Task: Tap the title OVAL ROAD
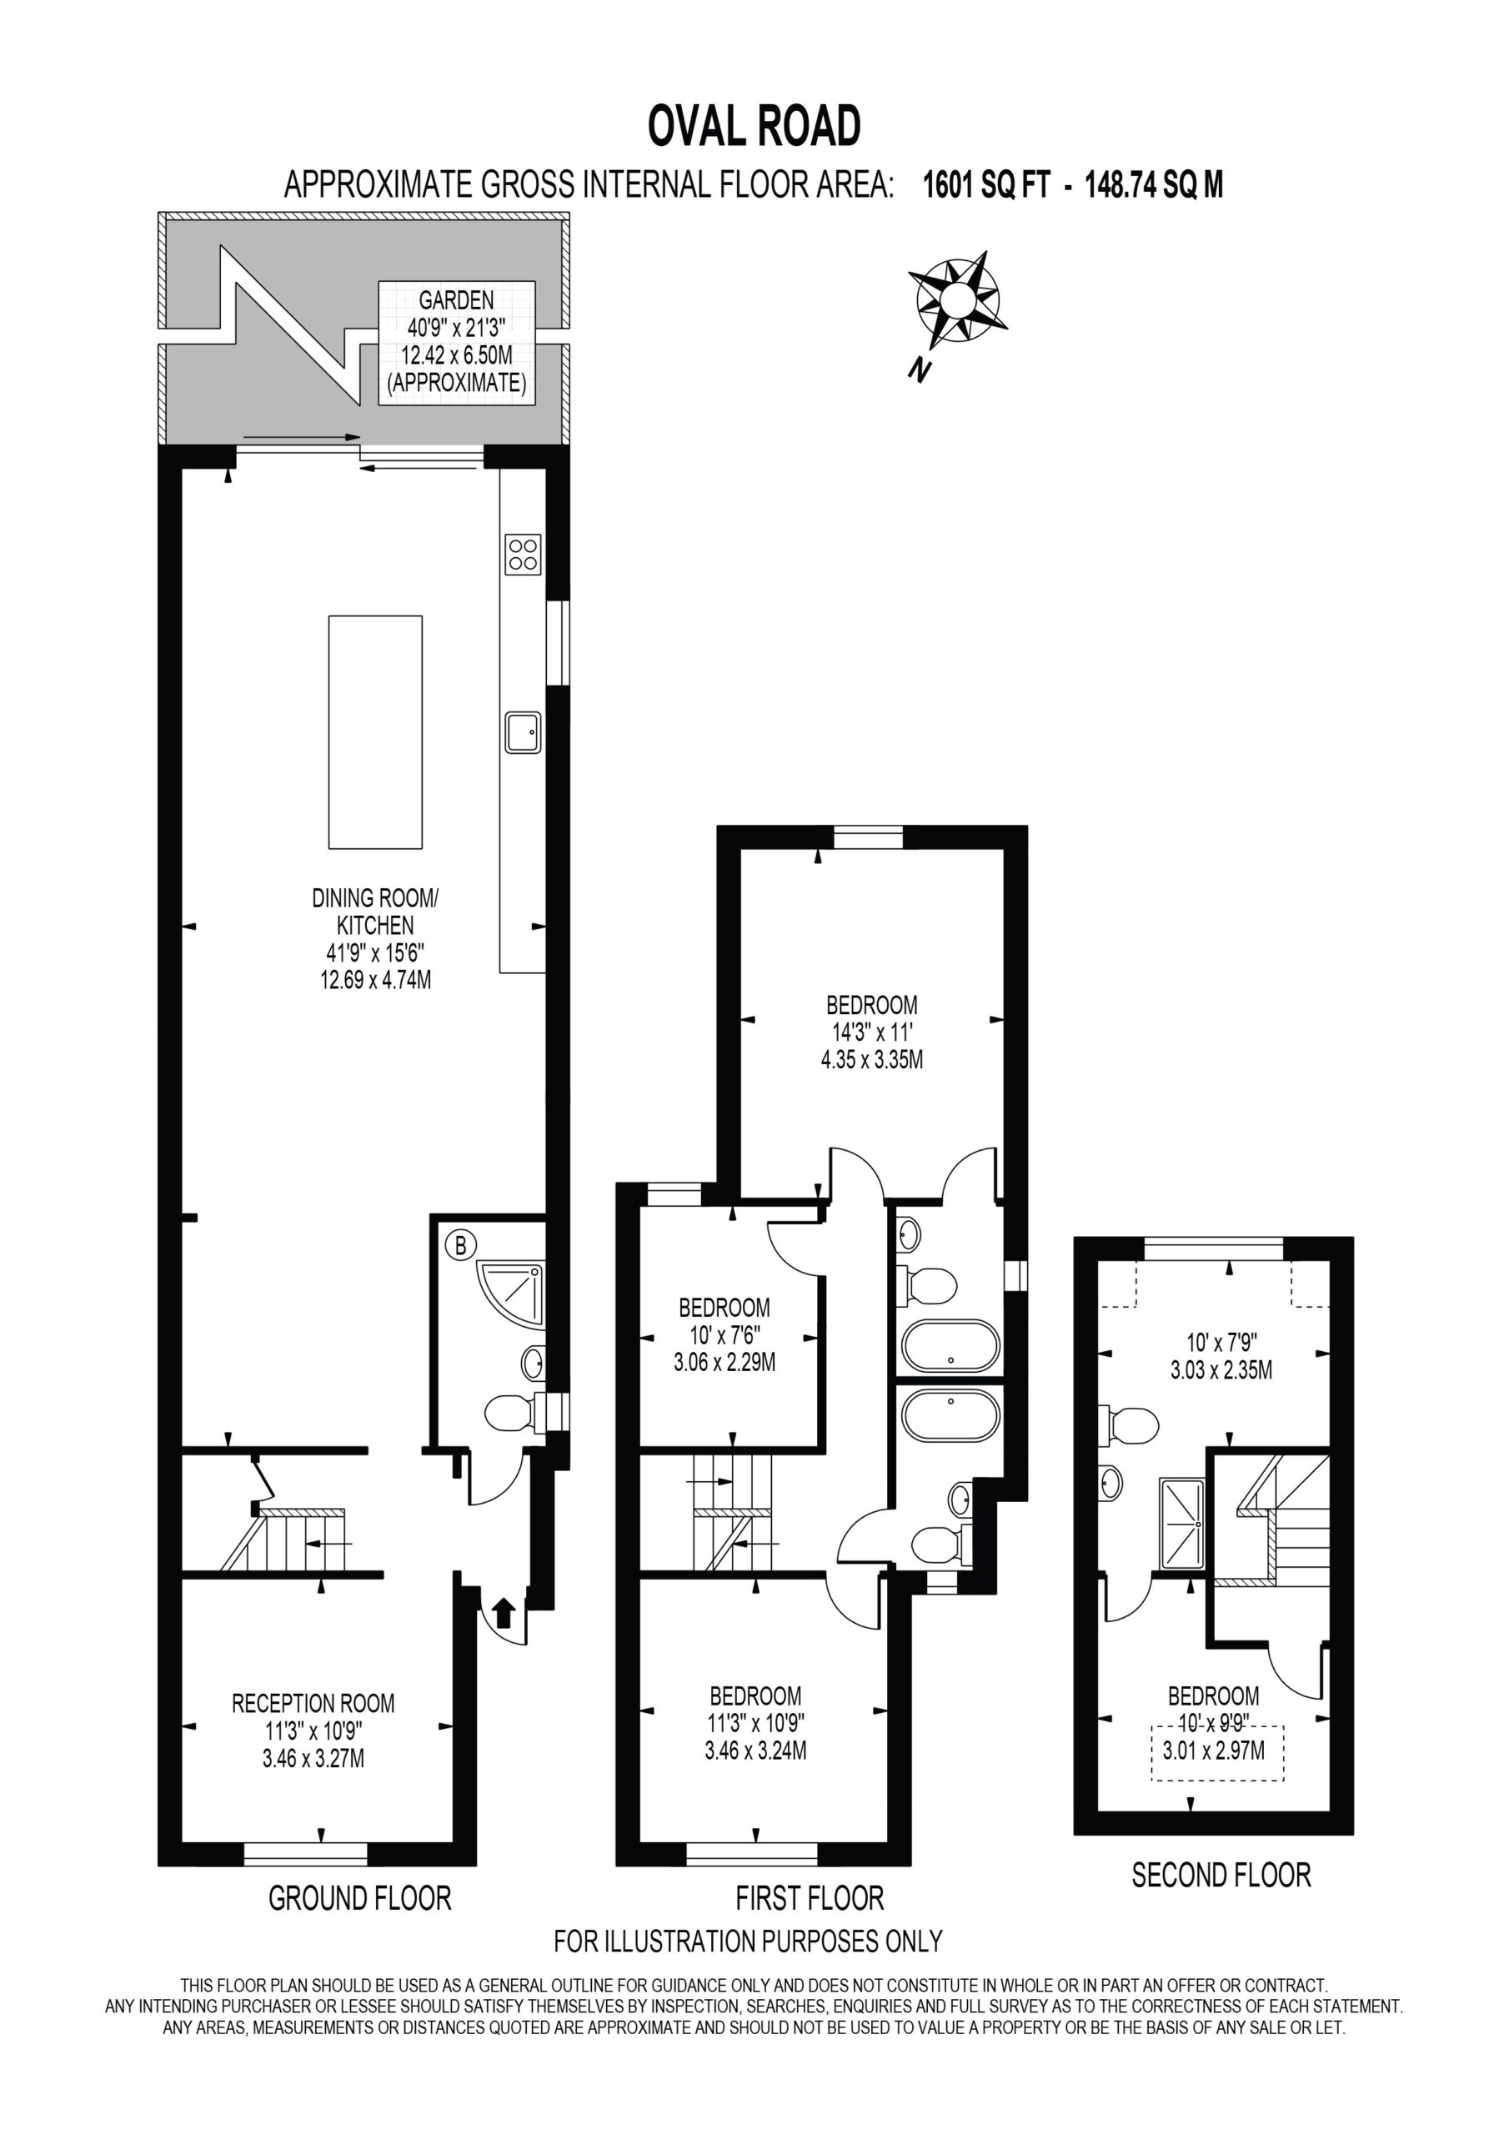754,127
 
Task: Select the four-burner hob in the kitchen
523,555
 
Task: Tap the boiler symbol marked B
460,1245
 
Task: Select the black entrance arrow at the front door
502,1611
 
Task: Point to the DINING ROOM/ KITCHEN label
374,912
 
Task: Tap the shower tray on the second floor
1181,1523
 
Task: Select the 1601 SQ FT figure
985,185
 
